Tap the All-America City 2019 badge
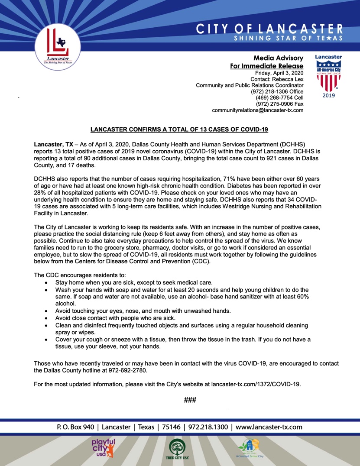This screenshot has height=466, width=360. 328,76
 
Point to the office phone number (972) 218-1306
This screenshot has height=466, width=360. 269,92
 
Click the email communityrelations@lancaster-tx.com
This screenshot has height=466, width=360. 257,110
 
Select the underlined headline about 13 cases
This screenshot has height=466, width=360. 179,129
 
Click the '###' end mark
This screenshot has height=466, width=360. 191,400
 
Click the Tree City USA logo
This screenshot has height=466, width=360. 177,449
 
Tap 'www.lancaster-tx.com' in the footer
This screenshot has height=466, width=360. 269,427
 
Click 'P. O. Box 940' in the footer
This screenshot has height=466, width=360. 75,427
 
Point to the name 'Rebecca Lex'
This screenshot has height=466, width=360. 288,79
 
